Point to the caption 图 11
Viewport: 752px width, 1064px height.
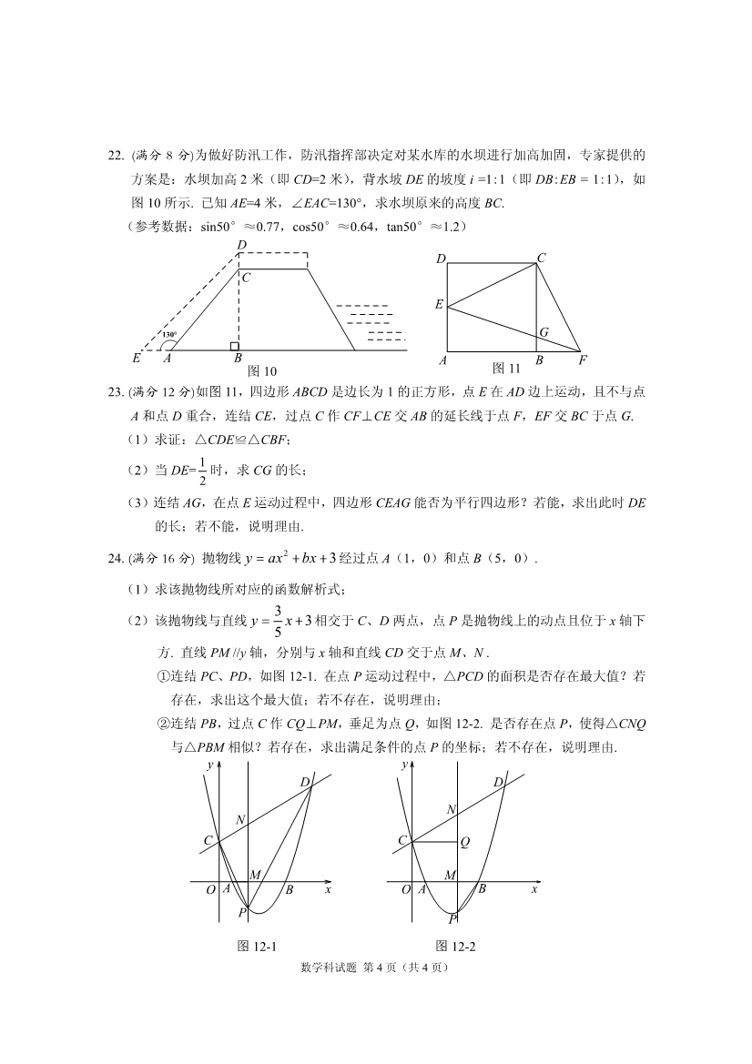click(x=505, y=368)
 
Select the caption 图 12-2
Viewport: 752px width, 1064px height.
click(x=456, y=946)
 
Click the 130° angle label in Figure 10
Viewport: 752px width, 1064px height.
click(x=168, y=335)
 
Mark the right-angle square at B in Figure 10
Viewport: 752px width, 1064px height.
click(x=235, y=346)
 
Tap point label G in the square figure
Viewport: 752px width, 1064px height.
click(x=544, y=333)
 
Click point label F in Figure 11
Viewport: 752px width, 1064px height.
click(x=583, y=360)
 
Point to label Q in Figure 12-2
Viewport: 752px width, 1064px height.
click(x=464, y=843)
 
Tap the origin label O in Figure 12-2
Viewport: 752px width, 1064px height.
click(x=407, y=890)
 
